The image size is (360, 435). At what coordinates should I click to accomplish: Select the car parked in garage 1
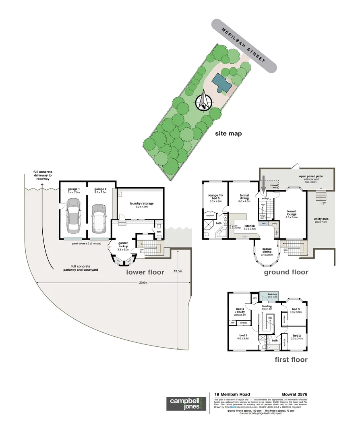click(x=73, y=215)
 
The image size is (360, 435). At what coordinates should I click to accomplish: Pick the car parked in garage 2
click(x=98, y=219)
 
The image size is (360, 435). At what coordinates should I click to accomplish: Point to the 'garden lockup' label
click(x=123, y=244)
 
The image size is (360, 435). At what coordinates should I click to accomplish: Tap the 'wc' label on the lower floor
click(x=159, y=231)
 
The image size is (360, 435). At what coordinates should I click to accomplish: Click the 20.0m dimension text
click(x=143, y=282)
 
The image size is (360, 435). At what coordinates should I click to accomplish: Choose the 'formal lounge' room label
click(x=292, y=212)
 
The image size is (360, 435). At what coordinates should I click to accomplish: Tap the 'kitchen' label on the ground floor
click(x=250, y=226)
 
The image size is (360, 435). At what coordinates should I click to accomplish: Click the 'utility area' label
click(x=321, y=219)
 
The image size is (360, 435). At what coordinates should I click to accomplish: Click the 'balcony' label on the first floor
click(x=273, y=295)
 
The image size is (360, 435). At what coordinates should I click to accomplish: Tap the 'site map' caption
click(x=228, y=133)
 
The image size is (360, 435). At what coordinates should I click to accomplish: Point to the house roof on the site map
click(x=221, y=83)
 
